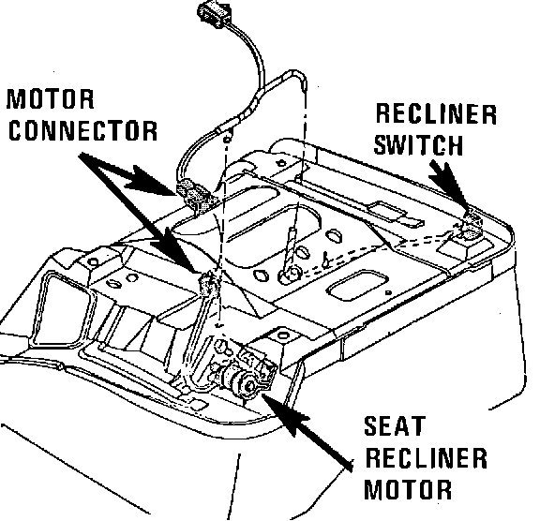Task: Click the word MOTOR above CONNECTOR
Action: coord(51,99)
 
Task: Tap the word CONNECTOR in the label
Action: coord(82,130)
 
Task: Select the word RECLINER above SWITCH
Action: coord(436,114)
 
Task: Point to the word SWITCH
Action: coord(418,144)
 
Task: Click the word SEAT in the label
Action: coord(395,426)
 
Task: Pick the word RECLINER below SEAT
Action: coord(426,457)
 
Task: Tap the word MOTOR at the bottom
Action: coord(408,489)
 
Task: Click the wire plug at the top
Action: coord(214,14)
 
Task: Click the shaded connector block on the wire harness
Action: coord(195,195)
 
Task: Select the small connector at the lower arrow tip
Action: coord(208,283)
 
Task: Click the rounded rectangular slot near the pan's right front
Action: coord(357,286)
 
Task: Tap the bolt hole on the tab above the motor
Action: coord(282,335)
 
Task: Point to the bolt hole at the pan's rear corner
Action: coord(281,163)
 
